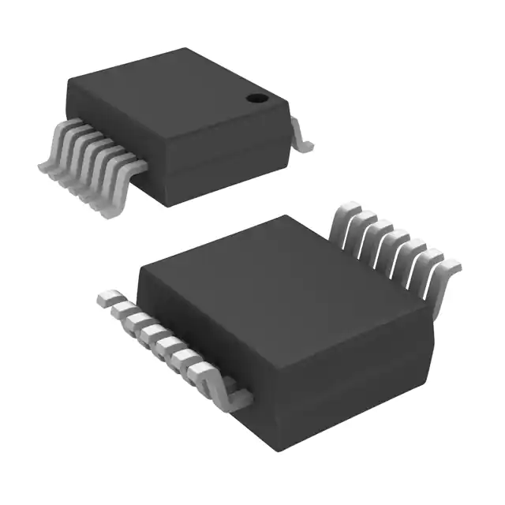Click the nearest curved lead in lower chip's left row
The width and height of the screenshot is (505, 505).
(x=230, y=395)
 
